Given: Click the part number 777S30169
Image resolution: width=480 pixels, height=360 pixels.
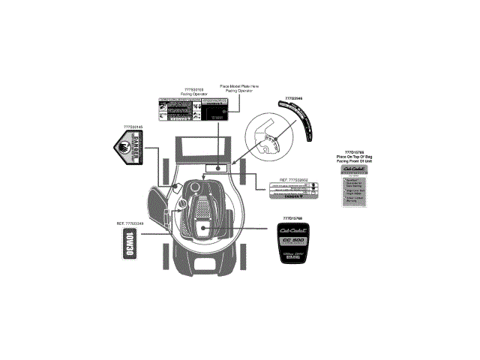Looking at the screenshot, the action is click(193, 89).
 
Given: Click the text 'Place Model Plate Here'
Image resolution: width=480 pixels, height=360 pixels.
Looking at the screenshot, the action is click(239, 85).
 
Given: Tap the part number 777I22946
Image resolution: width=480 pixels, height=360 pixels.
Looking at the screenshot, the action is click(295, 98).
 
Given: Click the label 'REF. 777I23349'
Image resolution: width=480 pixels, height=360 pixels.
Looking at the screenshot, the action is click(133, 224).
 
